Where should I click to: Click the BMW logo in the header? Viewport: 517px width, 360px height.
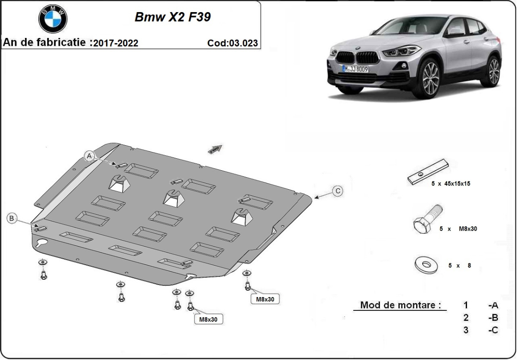click(53, 19)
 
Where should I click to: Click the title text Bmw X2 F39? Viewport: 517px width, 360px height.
click(173, 17)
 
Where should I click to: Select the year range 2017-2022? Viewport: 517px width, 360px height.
click(116, 43)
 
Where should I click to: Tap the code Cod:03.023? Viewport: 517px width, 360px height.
click(232, 43)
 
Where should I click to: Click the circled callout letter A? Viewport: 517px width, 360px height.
click(89, 156)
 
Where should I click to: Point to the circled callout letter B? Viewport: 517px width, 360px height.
click(12, 219)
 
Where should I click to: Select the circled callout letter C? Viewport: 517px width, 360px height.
click(338, 191)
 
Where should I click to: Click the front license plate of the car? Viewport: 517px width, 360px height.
click(355, 68)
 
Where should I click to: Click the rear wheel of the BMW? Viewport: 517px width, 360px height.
click(494, 70)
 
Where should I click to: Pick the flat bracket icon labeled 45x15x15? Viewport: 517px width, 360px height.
click(428, 172)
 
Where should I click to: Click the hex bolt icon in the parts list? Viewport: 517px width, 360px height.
click(427, 219)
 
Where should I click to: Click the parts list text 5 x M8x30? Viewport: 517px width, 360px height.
click(458, 229)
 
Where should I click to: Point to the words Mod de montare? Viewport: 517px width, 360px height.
click(400, 305)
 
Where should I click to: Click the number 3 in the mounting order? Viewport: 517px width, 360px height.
click(466, 330)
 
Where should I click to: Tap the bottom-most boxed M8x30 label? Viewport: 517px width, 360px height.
click(209, 319)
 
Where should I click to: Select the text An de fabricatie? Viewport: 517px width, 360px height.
click(47, 43)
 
